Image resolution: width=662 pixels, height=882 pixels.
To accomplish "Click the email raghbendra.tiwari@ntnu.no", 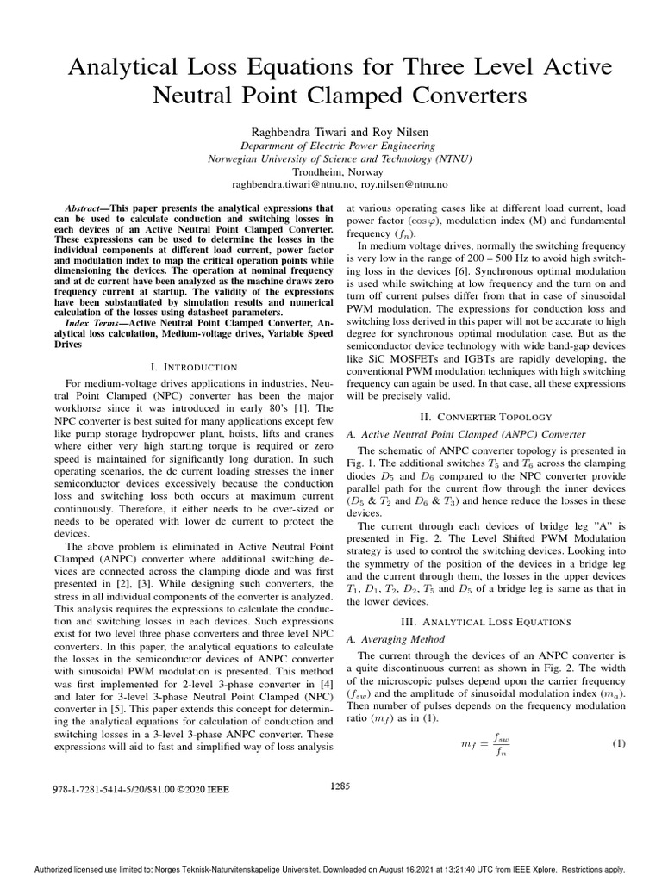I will coord(294,184).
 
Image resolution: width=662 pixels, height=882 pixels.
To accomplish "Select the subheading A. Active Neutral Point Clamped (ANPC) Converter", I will coord(465,433).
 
